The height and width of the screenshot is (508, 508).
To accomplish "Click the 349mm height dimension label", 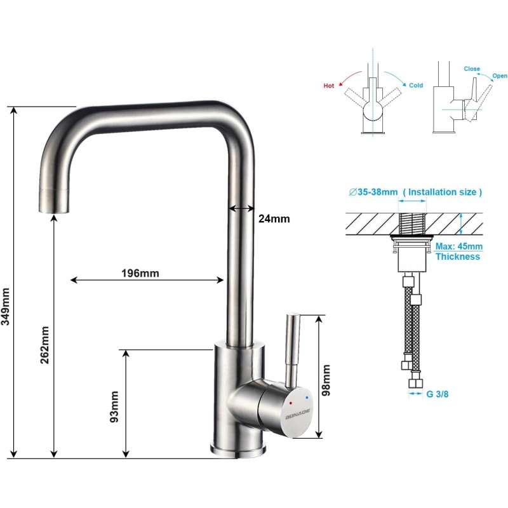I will (x=6, y=306).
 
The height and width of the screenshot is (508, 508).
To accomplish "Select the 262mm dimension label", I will (x=44, y=345).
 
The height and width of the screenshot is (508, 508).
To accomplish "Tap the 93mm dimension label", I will (x=115, y=407).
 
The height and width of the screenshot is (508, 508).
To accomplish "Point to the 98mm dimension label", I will (x=326, y=380).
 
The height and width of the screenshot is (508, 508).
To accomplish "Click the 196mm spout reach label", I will (x=140, y=274).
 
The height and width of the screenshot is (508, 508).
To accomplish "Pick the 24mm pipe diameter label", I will (x=274, y=218).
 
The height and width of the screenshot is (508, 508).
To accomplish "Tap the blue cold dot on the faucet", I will (x=307, y=398).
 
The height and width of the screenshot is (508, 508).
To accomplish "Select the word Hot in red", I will (x=329, y=85).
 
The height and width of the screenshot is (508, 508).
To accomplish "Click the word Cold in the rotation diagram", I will (x=415, y=85).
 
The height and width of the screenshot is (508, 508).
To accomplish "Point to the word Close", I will (x=472, y=69).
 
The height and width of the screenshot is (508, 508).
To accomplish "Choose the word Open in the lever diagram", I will (x=500, y=76).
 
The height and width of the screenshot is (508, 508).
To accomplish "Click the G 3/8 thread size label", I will (x=437, y=394).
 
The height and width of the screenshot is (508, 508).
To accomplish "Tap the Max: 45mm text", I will (x=458, y=246).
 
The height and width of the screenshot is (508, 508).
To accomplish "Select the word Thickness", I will (x=457, y=257).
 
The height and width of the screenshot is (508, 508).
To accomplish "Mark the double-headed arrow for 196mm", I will (x=147, y=279).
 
